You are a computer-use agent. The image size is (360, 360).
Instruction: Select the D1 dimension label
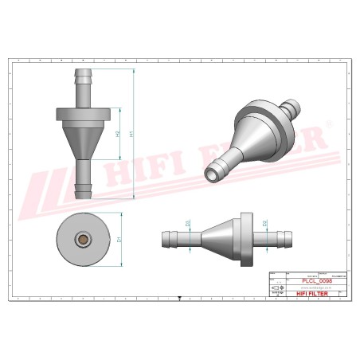pyautogui.click(x=119, y=239)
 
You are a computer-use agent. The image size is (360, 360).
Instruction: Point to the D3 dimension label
pyautogui.click(x=188, y=225)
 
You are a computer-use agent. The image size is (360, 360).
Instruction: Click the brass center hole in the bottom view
pyautogui.click(x=82, y=238)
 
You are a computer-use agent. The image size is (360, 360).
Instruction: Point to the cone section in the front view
pyautogui.click(x=82, y=143)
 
